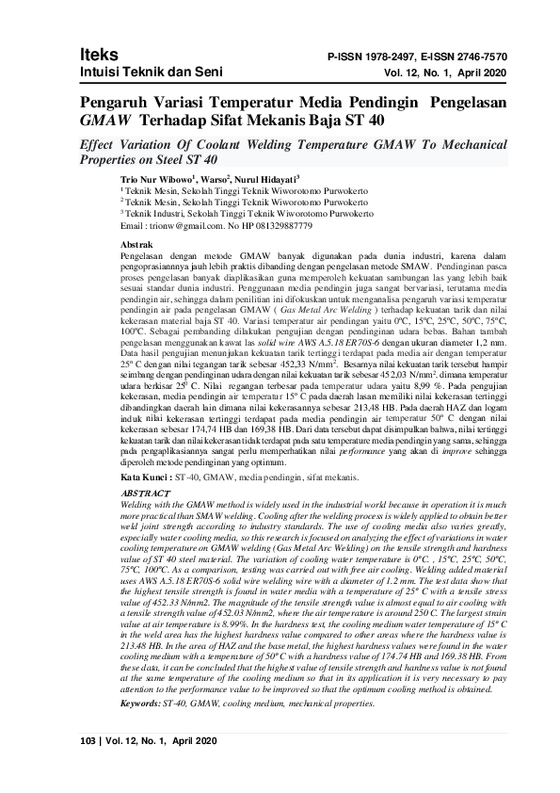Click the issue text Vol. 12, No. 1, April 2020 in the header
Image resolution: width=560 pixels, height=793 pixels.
click(x=445, y=73)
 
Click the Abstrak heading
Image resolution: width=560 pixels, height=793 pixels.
click(x=141, y=243)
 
